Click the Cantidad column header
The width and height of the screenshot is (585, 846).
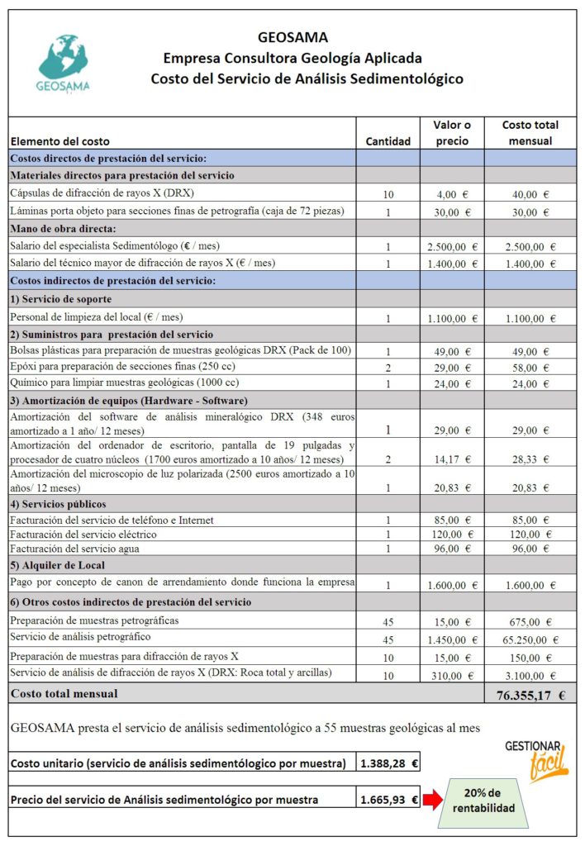388,141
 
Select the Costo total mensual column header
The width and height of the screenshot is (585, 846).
530,133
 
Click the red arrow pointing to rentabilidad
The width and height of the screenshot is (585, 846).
432,800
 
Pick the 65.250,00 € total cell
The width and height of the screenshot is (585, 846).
530,639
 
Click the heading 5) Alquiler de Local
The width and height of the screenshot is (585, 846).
58,566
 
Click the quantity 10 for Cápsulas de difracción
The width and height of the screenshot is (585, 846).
388,194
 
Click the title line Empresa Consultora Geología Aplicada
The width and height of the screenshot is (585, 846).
292,58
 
